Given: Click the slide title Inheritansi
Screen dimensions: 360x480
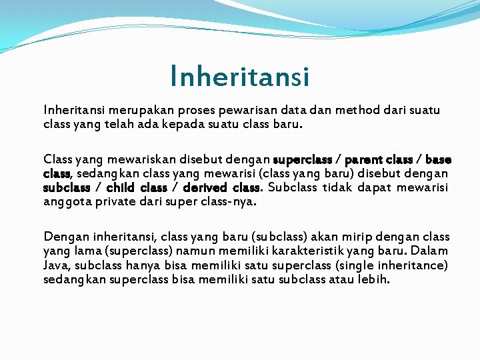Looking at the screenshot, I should click(239, 77).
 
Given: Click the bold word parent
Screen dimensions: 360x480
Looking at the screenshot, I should click(363, 160).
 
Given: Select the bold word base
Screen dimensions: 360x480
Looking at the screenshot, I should click(438, 160).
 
